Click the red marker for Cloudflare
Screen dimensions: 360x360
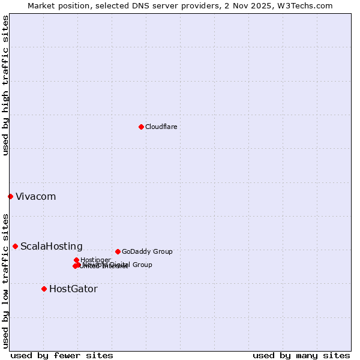[141, 127]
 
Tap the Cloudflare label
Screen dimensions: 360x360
[161, 127]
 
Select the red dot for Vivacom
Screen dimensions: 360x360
[10, 196]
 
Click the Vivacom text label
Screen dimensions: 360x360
[35, 197]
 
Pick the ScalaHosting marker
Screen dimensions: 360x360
[15, 246]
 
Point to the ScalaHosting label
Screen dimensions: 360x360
[52, 247]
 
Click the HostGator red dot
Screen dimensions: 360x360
[44, 289]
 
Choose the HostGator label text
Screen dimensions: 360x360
[73, 289]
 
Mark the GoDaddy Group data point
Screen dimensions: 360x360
[118, 251]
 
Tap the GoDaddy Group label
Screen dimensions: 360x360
[147, 252]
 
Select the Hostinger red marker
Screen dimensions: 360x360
[76, 260]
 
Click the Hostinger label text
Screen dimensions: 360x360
[95, 260]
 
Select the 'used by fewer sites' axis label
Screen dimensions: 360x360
[62, 356]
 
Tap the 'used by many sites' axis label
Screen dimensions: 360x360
[301, 356]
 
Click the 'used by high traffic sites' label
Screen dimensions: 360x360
[6, 86]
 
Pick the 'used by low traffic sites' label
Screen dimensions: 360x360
[6, 281]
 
